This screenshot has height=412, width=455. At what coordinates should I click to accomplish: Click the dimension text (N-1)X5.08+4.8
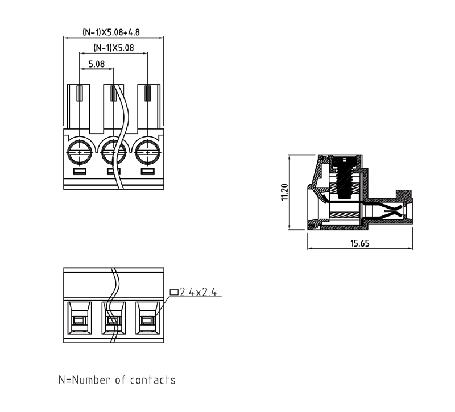coord(111,32)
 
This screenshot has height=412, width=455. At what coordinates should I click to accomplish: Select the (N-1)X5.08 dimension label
coord(113,48)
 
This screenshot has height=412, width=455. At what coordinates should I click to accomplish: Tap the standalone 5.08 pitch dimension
coord(97,64)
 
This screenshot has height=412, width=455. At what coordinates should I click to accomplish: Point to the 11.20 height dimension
coord(284,192)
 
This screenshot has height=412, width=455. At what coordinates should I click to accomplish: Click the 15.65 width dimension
coord(360,243)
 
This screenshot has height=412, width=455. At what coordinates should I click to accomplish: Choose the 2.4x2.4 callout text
coord(199,292)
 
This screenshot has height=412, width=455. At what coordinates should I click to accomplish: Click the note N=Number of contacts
coord(117,380)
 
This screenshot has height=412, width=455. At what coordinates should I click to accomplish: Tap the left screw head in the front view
coord(79,152)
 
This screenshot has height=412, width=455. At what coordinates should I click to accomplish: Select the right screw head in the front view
coord(148,152)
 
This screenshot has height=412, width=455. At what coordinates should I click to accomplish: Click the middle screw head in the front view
coord(113,152)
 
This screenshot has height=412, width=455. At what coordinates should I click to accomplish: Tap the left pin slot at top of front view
coord(80,93)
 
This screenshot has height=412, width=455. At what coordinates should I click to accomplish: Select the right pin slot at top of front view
coord(148,93)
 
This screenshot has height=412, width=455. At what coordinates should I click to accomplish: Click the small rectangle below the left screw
coord(79,172)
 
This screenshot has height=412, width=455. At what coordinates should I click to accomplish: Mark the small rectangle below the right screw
coord(148,172)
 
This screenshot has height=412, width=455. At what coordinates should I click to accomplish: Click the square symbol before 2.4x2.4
coord(174,292)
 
